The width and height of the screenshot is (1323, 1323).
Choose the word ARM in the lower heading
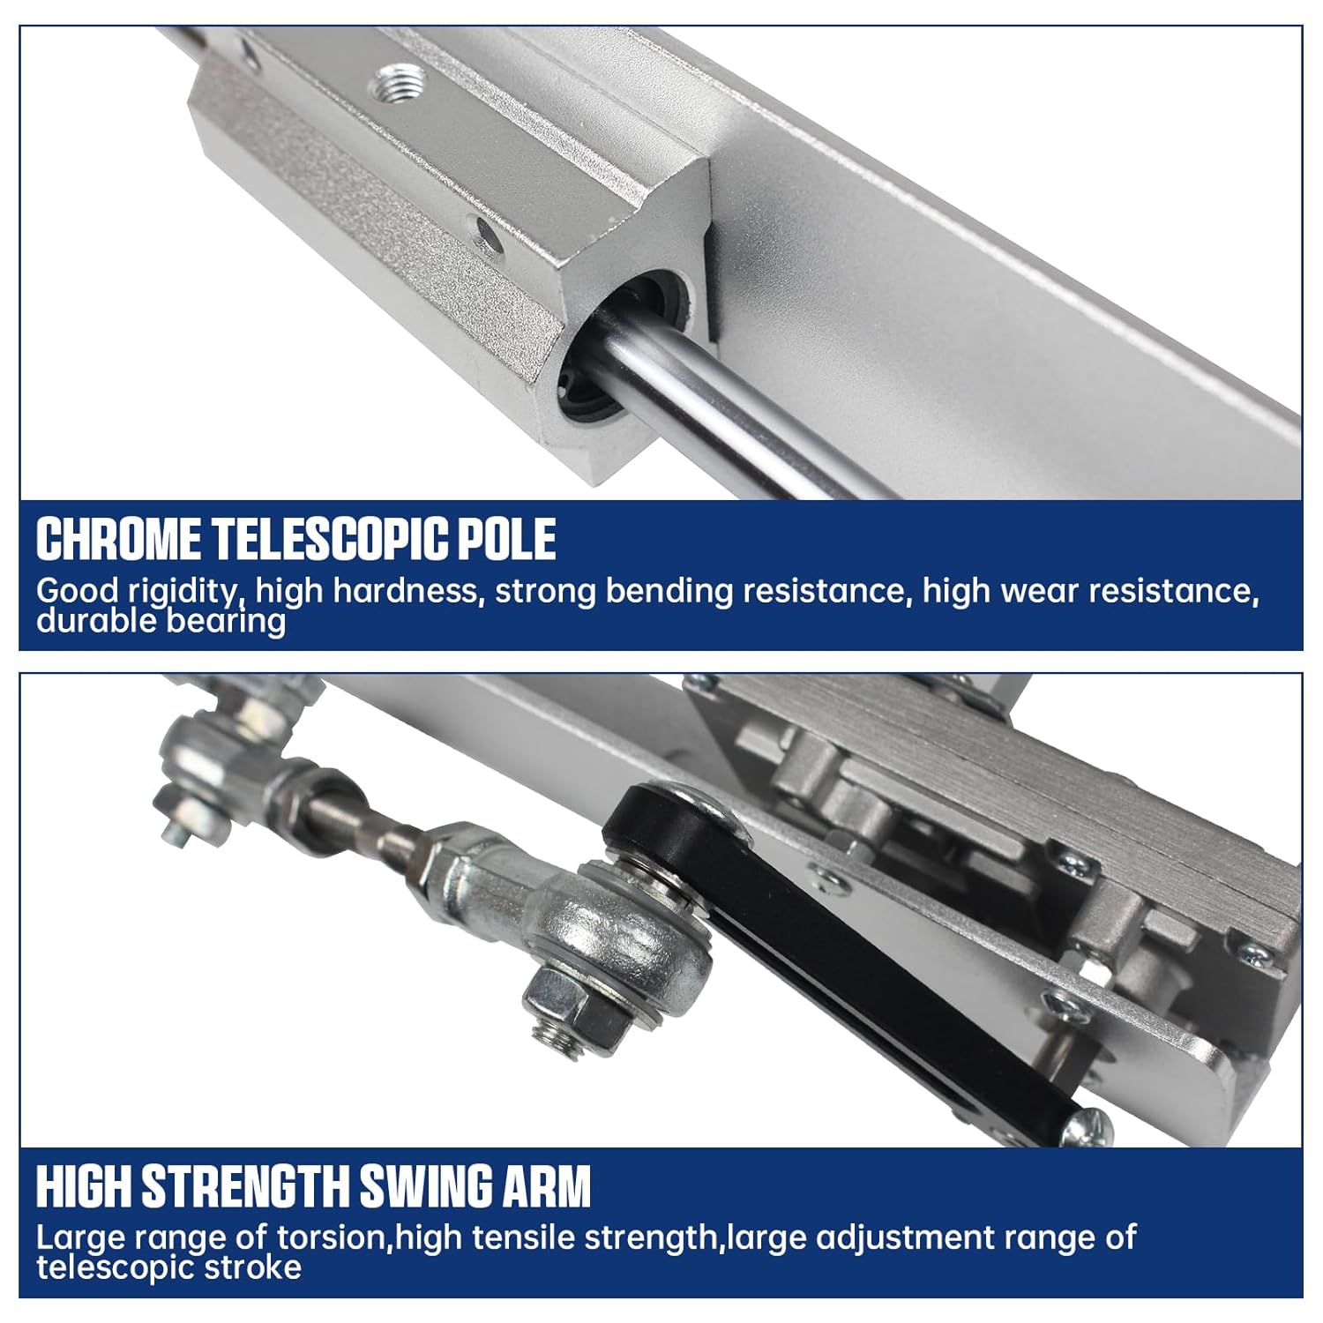[x=552, y=1186]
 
